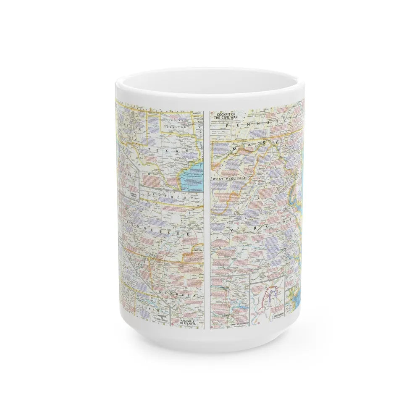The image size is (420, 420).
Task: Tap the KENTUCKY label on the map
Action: tap(168, 198)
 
